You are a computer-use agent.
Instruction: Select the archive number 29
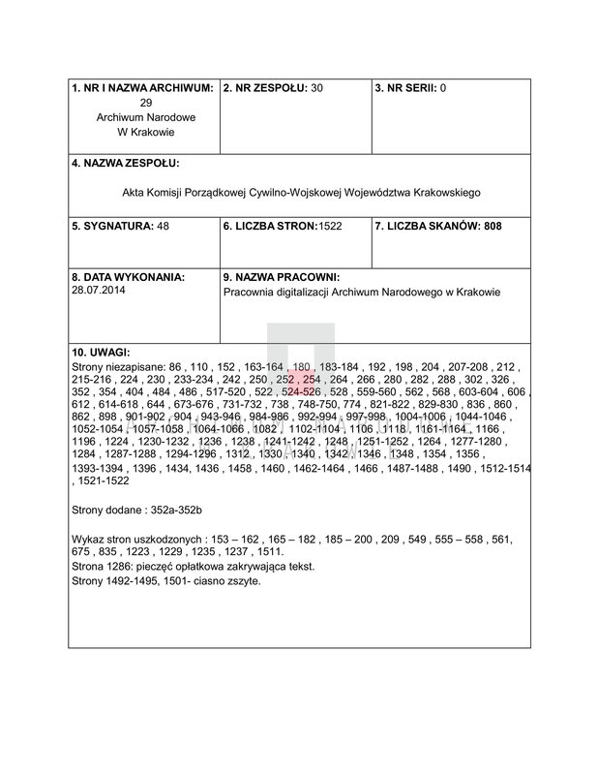pos(146,102)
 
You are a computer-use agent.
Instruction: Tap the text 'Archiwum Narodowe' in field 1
pos(145,116)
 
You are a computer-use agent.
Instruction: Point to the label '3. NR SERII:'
pos(405,88)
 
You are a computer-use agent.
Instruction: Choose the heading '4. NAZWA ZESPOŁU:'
pos(126,163)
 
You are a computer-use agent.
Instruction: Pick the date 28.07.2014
pos(97,289)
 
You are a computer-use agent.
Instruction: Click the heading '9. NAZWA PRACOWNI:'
pos(281,276)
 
